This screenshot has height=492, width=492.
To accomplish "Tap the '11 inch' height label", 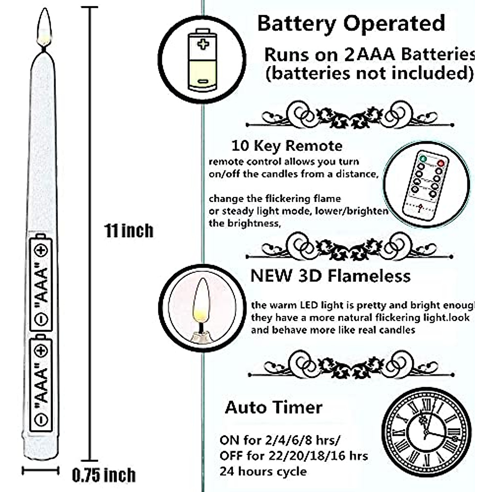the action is coord(129,231).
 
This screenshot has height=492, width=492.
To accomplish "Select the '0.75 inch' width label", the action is coord(104,475).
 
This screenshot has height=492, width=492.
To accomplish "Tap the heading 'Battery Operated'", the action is coord(351,23).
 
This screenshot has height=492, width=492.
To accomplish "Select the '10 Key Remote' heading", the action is coord(287,146).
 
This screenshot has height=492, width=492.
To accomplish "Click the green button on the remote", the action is coord(423,158).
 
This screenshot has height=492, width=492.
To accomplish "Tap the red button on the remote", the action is coord(441,163).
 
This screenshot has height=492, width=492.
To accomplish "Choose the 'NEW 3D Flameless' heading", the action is coord(330,276).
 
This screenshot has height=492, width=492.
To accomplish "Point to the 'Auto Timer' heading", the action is coord(273,408).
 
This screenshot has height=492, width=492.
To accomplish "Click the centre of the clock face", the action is coord(426,432).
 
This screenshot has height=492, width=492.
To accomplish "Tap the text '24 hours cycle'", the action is coord(263,471).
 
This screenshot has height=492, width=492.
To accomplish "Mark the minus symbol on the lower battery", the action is coord(41,419).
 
